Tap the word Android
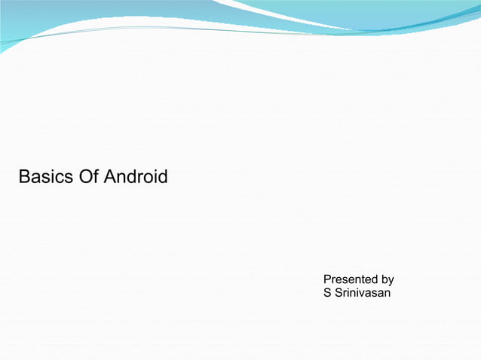[136, 178]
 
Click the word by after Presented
[388, 279]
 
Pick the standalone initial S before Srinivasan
[327, 292]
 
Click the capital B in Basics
[23, 178]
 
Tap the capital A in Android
[109, 178]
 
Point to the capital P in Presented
[327, 279]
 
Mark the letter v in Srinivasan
[361, 292]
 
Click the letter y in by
[391, 280]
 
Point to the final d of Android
[162, 178]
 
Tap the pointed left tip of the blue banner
[2, 51]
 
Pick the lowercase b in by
[384, 279]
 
